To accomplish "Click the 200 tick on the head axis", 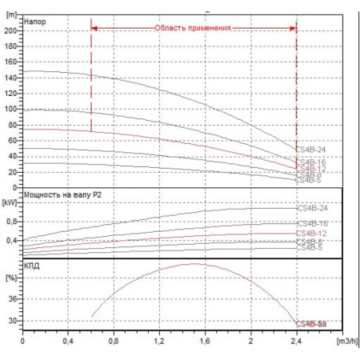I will (x=11, y=30).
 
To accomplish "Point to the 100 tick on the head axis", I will (x=11, y=109).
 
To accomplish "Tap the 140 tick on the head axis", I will (x=11, y=78).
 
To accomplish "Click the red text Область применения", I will (x=193, y=28).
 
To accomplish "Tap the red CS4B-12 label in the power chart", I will (x=312, y=233).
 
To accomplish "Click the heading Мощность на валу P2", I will (x=63, y=194).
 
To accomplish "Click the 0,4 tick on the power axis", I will (x=10, y=240).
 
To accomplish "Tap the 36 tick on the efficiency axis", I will (x=12, y=298).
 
